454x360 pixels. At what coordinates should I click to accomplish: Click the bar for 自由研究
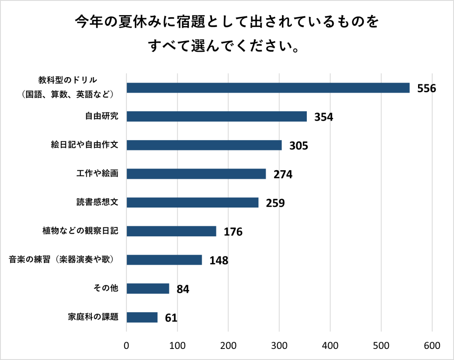point(217,116)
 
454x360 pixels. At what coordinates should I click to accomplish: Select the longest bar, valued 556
point(268,88)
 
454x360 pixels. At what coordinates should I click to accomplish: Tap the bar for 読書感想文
point(192,203)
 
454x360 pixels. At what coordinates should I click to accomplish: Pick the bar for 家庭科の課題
point(142,317)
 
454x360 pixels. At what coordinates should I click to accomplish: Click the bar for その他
point(148,289)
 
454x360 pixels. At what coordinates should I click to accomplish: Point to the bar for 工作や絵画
point(196,174)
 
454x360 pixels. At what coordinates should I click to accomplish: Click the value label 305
point(298,146)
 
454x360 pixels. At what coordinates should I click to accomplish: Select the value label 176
point(233,232)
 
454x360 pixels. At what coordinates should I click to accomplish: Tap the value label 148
point(219,261)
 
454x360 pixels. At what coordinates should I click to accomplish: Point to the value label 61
point(171,318)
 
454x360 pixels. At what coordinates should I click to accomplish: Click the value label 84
point(183,290)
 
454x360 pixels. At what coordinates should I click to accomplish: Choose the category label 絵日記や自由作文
point(84,145)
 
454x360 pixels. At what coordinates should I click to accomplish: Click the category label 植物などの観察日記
point(80,231)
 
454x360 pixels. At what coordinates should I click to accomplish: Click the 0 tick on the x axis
point(127,345)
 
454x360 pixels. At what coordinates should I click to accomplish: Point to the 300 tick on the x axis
point(279,345)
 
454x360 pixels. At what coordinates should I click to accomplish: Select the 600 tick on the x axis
point(432,345)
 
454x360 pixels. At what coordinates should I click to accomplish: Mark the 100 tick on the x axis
point(177,345)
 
